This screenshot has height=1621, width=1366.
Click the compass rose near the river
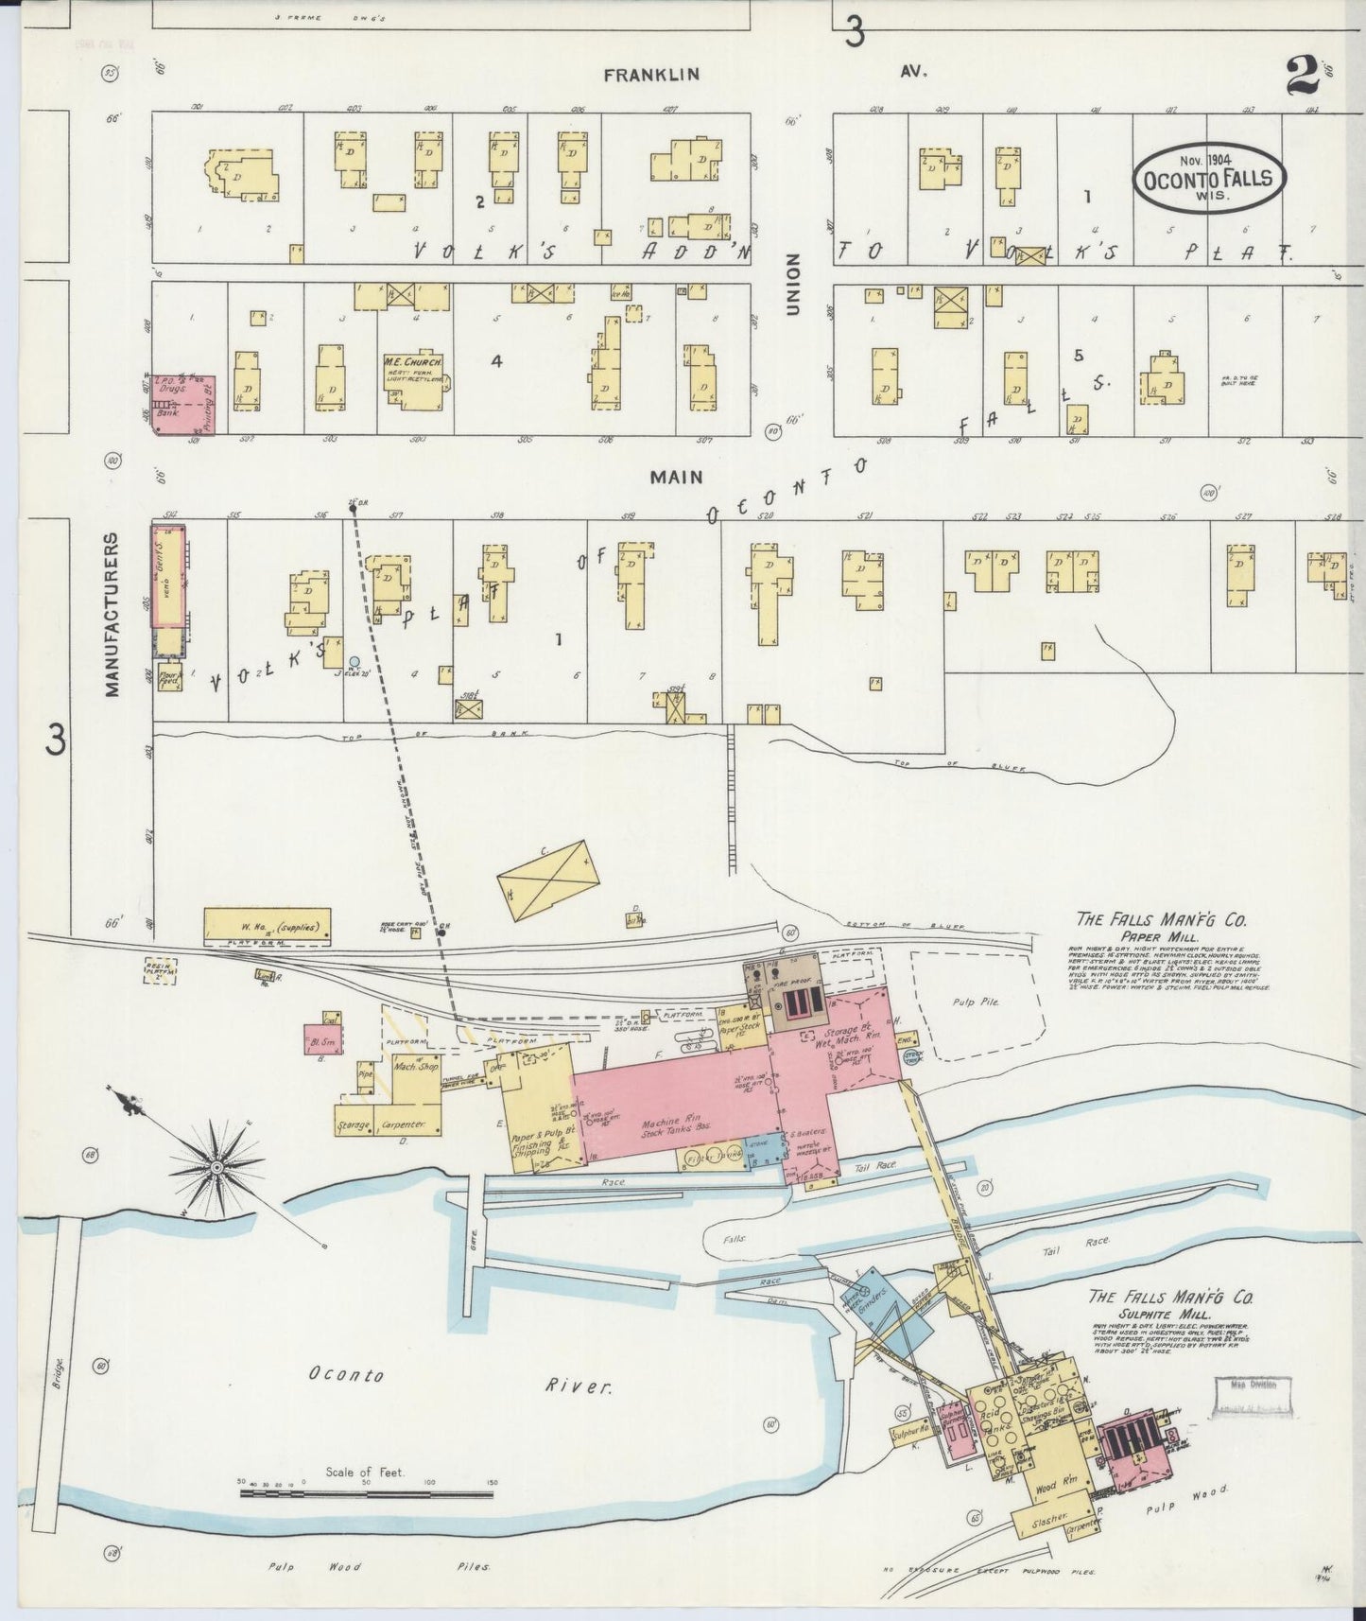coord(216,1167)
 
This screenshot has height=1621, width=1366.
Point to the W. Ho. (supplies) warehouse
coord(268,926)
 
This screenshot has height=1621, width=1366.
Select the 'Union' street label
coord(792,284)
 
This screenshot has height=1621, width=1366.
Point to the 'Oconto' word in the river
coord(345,1374)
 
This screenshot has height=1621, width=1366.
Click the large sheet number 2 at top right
coord(1305,76)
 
